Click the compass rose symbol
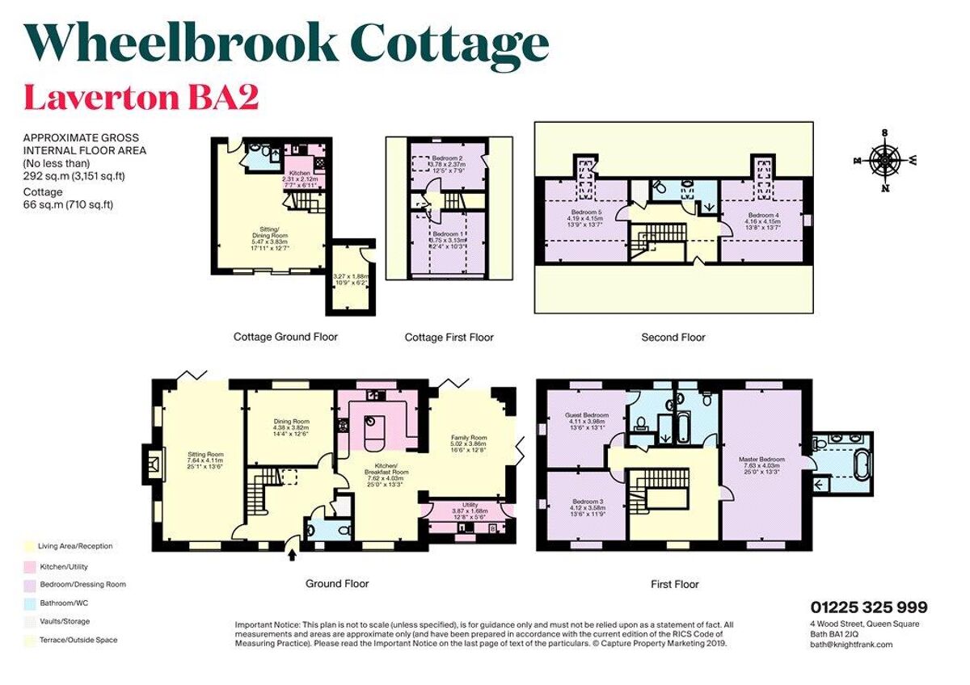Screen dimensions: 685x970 point(885,160)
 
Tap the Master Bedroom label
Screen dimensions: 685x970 point(761,460)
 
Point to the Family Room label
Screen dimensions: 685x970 point(469,437)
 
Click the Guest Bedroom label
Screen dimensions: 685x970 point(586,415)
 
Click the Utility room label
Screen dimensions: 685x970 point(470,505)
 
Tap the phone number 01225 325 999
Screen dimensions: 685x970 point(869,607)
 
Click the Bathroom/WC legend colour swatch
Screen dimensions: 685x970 point(29,603)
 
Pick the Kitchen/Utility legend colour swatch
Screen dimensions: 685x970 point(29,565)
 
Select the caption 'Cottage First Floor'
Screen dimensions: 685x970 point(449,337)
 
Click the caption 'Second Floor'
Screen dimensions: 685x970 point(673,337)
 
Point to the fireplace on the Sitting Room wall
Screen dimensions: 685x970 point(152,464)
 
